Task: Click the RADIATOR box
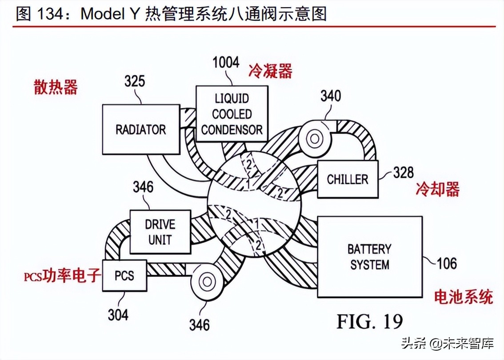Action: [140, 129]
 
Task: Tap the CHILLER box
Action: [348, 179]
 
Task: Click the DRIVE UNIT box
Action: [160, 232]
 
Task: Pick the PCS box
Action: [124, 275]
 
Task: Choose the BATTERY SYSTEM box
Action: [369, 257]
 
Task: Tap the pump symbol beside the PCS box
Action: [207, 281]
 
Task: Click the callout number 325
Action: [134, 81]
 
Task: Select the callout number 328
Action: [403, 172]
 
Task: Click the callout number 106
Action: [446, 264]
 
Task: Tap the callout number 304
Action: [118, 315]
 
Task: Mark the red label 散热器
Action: [56, 88]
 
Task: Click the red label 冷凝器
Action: [270, 70]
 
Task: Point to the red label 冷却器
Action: [437, 189]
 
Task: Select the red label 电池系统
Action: [464, 296]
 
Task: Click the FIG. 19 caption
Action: [369, 320]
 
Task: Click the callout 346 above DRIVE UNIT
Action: [143, 187]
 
